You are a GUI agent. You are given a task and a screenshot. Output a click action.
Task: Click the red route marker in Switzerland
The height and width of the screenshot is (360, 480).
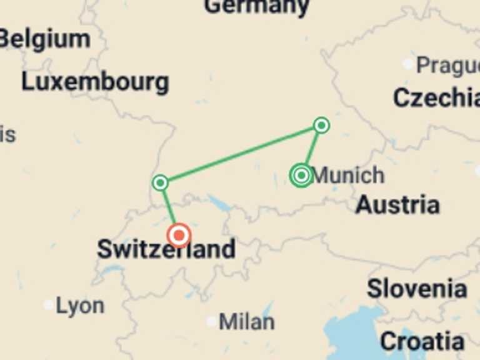(x=179, y=235)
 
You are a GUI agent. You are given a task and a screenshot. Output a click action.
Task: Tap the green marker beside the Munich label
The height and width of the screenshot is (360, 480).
(x=301, y=176)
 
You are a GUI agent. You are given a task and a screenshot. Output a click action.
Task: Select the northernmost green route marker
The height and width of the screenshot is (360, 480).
(x=321, y=126)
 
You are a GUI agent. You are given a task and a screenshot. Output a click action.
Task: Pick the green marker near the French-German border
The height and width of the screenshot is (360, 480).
(x=161, y=182)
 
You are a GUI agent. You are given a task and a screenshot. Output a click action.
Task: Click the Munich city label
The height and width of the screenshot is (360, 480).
(x=348, y=176)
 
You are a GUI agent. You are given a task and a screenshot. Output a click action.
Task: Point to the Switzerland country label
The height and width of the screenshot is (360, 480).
(x=166, y=249)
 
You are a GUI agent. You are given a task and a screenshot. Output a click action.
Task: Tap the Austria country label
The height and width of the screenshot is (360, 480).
(x=397, y=204)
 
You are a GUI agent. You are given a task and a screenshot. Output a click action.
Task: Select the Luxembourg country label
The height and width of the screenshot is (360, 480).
(x=95, y=82)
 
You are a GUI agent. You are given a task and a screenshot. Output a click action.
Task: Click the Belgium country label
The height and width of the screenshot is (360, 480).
(x=45, y=39)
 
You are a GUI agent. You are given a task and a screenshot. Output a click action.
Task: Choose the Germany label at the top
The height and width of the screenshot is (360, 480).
(x=256, y=6)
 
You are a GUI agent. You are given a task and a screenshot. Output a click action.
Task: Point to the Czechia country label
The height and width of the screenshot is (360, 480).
(x=436, y=97)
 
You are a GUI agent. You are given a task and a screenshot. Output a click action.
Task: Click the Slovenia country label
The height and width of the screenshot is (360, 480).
(x=416, y=289)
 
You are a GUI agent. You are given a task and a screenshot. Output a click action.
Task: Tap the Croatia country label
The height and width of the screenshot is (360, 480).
(x=422, y=341)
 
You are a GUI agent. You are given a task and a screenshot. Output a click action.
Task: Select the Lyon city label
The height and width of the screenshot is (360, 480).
(x=80, y=306)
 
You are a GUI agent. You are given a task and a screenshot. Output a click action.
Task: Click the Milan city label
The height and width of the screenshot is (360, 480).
(x=246, y=322)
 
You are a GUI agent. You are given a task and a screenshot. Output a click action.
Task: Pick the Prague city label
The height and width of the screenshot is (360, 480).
(x=447, y=65)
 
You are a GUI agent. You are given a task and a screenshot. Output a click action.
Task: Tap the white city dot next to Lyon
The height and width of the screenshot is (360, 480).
(x=49, y=305)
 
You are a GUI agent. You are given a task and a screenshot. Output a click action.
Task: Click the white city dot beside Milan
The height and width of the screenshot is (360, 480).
(x=212, y=322)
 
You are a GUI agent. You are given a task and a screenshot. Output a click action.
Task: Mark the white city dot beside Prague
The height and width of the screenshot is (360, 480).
(x=408, y=64)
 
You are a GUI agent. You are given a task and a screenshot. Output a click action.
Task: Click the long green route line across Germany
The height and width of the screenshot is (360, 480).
(x=241, y=154)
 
